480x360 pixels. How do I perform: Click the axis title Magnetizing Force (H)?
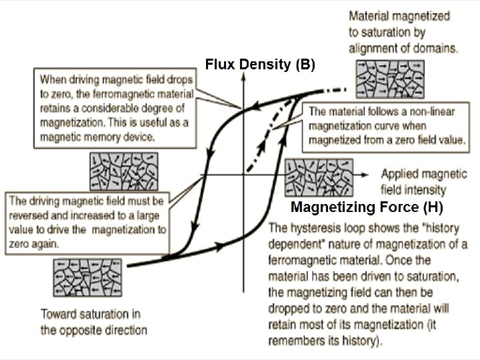pyautogui.click(x=367, y=205)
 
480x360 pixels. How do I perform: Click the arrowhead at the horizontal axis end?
pyautogui.click(x=365, y=173)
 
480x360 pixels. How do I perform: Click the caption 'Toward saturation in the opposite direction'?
pyautogui.click(x=93, y=321)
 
